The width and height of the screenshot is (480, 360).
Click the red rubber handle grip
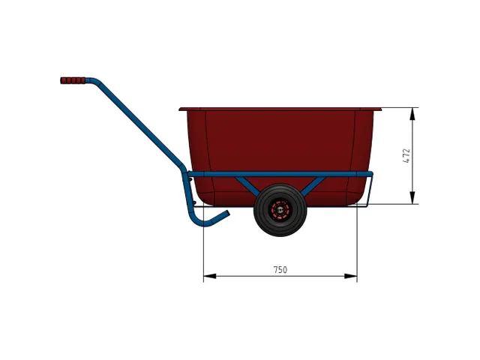[x=73, y=80]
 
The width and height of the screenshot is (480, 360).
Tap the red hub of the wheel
[x=280, y=211]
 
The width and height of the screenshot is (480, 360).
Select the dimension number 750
[x=280, y=269]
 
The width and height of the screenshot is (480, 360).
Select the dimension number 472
[x=406, y=155]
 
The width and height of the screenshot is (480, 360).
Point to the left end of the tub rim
[x=182, y=109]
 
